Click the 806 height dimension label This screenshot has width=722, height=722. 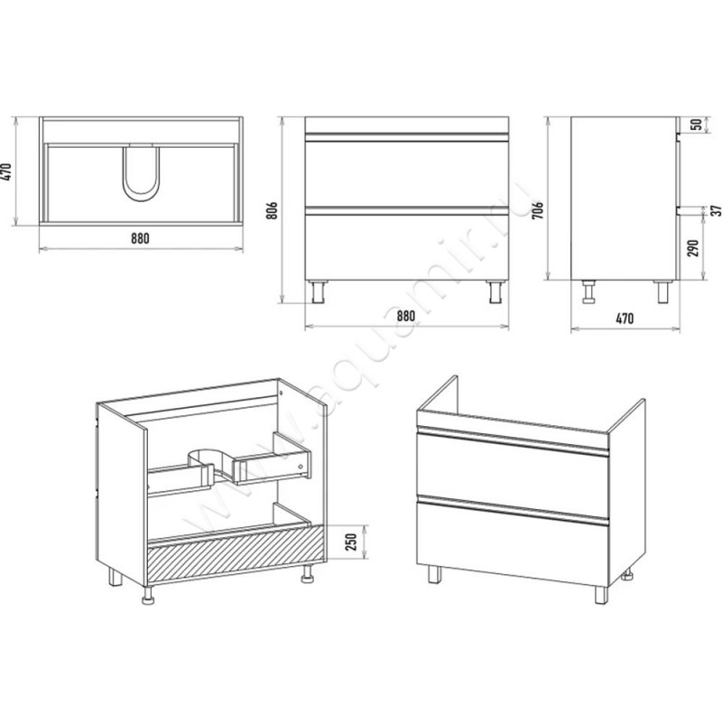tap(273, 210)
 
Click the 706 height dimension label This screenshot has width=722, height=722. tap(538, 209)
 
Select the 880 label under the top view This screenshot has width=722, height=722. tap(141, 238)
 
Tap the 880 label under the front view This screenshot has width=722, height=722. tap(405, 317)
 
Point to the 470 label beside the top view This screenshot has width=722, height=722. tap(6, 171)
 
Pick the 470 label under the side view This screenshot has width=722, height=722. tap(625, 319)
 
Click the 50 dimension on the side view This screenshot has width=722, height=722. tap(698, 125)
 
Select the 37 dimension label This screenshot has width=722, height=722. tap(716, 211)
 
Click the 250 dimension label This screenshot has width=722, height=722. tap(351, 542)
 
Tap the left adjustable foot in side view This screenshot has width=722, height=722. tap(588, 292)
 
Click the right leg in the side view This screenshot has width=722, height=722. tap(663, 292)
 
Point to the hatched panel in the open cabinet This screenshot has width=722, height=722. tap(236, 554)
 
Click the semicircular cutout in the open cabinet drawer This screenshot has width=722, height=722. tap(208, 460)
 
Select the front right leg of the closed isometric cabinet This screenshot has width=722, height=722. tap(600, 595)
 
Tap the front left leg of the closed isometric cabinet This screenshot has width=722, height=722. tap(434, 575)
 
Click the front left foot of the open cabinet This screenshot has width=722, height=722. tap(148, 596)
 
